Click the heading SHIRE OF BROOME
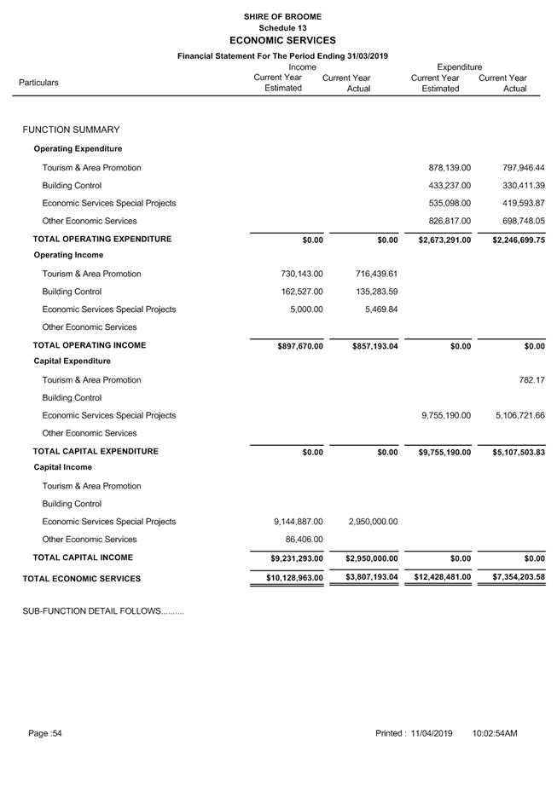282,16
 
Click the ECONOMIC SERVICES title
282,40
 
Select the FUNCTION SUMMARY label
71,130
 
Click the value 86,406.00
305,540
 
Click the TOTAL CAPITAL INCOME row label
83,558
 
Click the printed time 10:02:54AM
494,734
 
